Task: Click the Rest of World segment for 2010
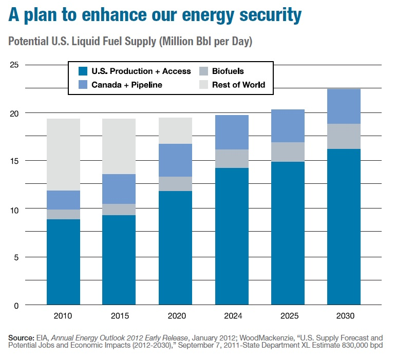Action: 63,155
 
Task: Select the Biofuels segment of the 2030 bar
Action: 344,136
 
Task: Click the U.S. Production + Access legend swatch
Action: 82,71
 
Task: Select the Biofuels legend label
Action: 228,71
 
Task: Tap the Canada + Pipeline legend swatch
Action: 82,85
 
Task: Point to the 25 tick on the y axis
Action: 14,65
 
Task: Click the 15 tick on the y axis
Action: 14,161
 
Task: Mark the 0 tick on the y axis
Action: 16,306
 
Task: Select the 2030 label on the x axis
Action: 344,315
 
